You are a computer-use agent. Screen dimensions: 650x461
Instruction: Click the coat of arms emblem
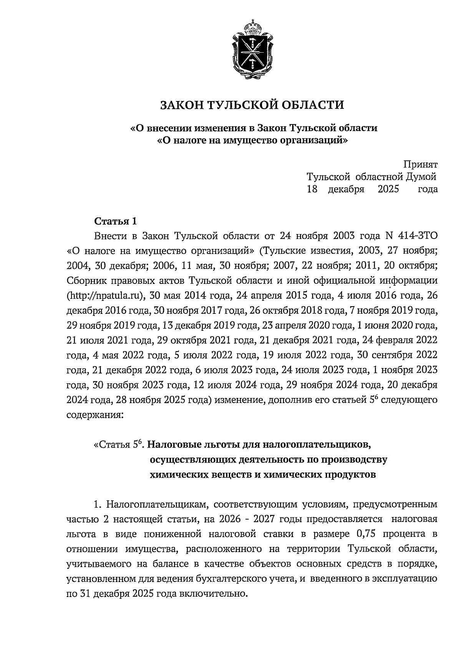pos(253,52)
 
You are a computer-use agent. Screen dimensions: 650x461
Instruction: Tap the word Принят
pos(420,165)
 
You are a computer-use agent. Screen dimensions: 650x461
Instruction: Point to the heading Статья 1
pos(115,222)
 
